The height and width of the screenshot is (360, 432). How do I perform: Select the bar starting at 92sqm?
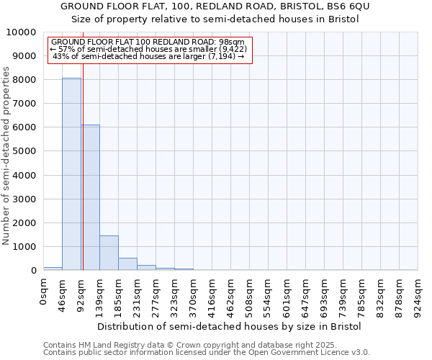(90, 197)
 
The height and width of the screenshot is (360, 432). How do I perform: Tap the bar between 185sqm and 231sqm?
(127, 264)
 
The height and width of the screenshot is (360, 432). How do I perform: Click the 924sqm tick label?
(418, 295)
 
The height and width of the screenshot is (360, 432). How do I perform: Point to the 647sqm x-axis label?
(306, 295)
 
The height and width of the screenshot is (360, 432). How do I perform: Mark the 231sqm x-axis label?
(138, 295)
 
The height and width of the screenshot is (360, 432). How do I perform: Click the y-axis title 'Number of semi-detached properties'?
(7, 156)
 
